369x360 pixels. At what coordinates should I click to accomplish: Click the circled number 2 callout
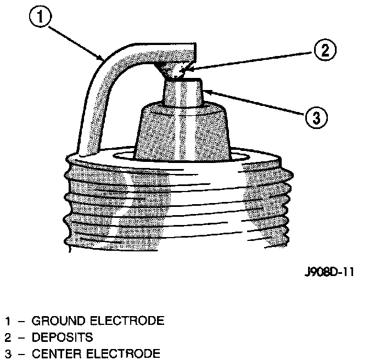coord(324,51)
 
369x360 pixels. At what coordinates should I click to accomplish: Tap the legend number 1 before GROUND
coord(8,320)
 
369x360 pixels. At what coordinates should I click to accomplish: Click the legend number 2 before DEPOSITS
coord(8,336)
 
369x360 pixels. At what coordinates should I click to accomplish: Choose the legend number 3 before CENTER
coord(8,353)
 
